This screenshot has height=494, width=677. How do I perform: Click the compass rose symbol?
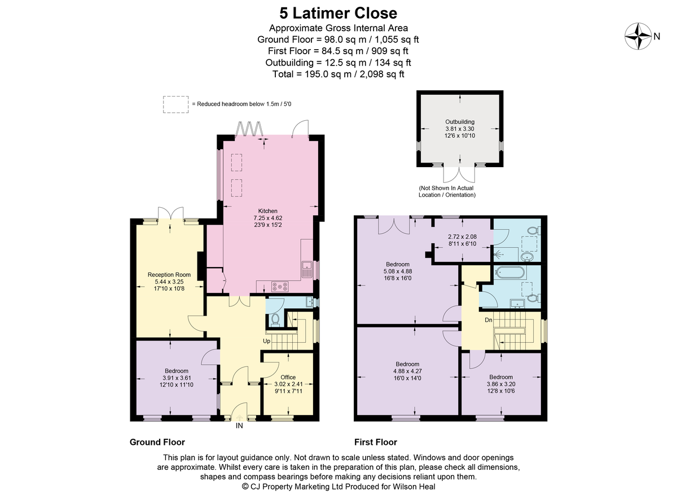click(638, 36)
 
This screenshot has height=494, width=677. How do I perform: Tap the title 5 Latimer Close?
click(338, 14)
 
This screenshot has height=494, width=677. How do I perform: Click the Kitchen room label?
click(267, 211)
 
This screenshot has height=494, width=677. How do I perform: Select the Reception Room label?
click(169, 275)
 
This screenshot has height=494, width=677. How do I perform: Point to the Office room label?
click(288, 377)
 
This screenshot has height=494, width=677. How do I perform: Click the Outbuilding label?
click(460, 121)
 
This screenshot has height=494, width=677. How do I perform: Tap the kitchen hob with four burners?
click(280, 286)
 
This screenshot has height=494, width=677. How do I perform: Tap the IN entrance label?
click(239, 426)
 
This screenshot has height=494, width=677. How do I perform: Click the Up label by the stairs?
click(266, 341)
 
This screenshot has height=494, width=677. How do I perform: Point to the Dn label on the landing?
click(489, 320)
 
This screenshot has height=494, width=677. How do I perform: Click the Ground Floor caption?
click(157, 442)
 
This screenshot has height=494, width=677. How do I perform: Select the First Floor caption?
click(376, 442)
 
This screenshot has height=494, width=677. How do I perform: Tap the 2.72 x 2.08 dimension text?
click(462, 237)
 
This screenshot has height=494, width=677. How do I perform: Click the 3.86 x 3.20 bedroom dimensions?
click(501, 384)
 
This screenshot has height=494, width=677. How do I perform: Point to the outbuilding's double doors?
click(459, 174)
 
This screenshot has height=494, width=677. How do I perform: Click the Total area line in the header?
click(338, 74)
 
